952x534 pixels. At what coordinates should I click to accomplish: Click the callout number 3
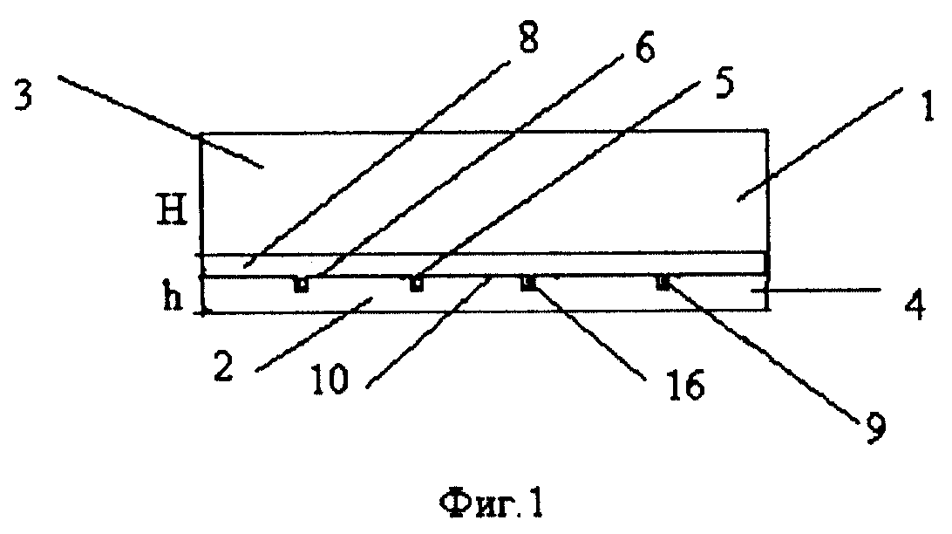[23, 97]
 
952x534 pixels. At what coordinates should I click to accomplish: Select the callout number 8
[527, 38]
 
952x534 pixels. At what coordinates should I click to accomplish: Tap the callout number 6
[644, 49]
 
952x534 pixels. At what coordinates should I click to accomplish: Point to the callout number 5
[723, 83]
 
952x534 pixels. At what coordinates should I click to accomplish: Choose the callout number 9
[874, 428]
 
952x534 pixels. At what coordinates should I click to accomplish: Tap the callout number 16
[686, 385]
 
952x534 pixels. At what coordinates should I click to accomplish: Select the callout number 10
[330, 380]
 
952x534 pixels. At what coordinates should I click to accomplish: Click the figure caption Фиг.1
[491, 503]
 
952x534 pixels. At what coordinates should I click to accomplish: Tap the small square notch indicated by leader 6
[301, 284]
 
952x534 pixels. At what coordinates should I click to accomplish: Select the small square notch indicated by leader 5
[417, 284]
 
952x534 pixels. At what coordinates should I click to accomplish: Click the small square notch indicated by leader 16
[529, 283]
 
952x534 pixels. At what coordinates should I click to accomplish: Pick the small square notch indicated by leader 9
[663, 283]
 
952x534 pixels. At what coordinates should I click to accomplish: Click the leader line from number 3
[160, 120]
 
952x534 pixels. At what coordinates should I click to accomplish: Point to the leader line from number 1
[820, 143]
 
